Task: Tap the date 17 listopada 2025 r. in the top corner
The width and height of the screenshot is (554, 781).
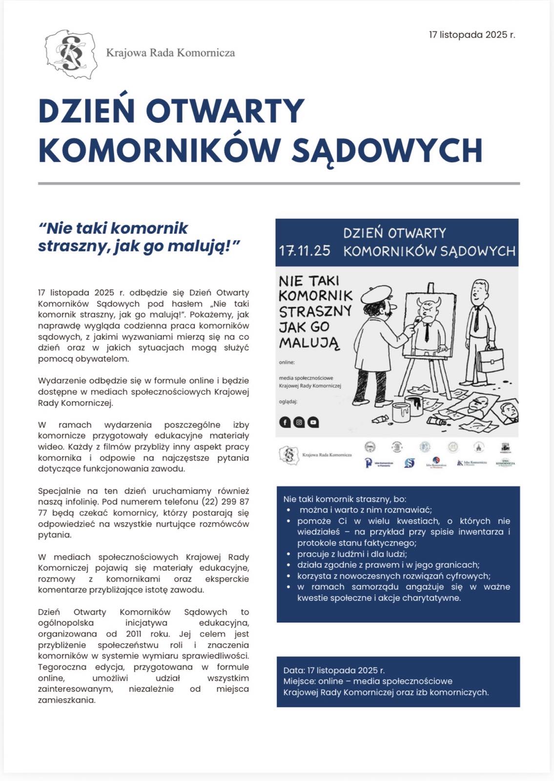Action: [472, 35]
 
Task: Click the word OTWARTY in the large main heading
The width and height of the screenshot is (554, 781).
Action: [225, 111]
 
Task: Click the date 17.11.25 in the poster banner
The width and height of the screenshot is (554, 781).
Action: [305, 250]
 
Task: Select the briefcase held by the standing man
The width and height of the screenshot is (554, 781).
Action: [490, 360]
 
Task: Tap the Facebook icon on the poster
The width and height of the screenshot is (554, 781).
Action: [285, 422]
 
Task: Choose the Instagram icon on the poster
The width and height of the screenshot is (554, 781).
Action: [299, 422]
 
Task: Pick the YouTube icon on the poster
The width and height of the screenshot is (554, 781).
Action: [313, 422]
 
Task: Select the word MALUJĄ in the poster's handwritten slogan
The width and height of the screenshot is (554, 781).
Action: [309, 343]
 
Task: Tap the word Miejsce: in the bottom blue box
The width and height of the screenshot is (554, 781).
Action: [299, 681]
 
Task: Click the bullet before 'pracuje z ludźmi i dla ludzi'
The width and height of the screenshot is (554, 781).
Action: [289, 554]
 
